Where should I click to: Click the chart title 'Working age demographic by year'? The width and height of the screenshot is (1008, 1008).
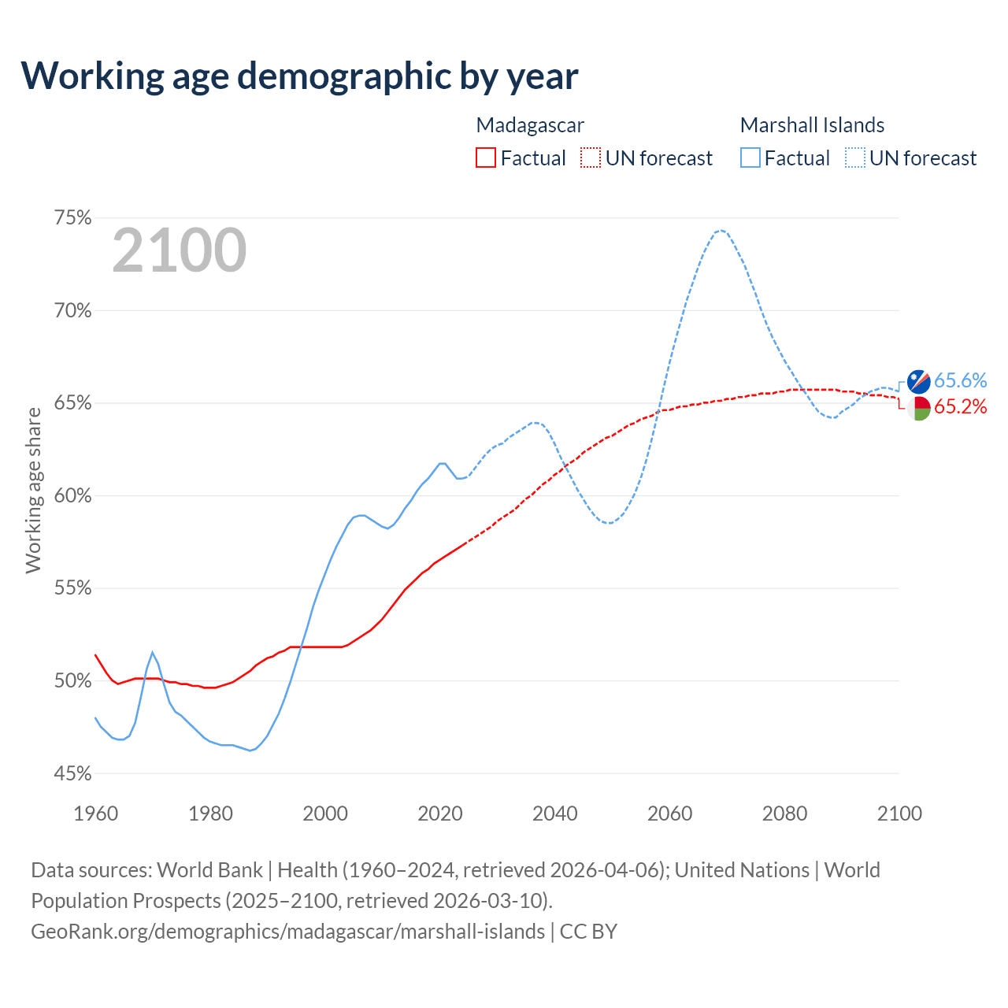tap(299, 76)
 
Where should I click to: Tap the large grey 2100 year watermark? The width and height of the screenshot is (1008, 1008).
tap(180, 250)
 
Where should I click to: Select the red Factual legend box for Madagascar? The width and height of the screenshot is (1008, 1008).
tap(486, 158)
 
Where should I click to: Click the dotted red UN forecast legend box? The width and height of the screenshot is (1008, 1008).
tap(591, 158)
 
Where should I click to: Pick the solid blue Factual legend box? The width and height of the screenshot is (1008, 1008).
tap(750, 158)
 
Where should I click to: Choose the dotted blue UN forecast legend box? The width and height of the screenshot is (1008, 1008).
tap(855, 158)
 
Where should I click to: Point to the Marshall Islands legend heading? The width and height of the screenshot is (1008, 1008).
tap(812, 125)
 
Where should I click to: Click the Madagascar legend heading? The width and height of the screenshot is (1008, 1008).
tap(530, 125)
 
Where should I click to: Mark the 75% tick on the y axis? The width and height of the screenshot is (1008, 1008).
tap(73, 218)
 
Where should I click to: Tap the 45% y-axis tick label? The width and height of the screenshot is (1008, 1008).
tap(73, 774)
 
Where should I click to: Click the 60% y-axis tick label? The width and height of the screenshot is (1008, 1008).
tap(73, 496)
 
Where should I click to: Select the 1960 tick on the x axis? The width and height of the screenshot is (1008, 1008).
tap(96, 813)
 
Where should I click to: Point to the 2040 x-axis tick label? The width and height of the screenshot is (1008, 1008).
tap(555, 813)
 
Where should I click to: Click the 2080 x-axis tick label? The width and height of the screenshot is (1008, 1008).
tap(784, 813)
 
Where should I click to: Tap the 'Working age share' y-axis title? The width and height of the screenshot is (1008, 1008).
tap(33, 490)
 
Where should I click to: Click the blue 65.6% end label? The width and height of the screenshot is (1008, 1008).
tap(960, 381)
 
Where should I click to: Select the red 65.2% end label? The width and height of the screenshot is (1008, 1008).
tap(960, 407)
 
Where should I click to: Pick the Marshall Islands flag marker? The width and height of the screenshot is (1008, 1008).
tap(919, 381)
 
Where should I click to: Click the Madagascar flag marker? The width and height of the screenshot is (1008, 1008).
tap(919, 408)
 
